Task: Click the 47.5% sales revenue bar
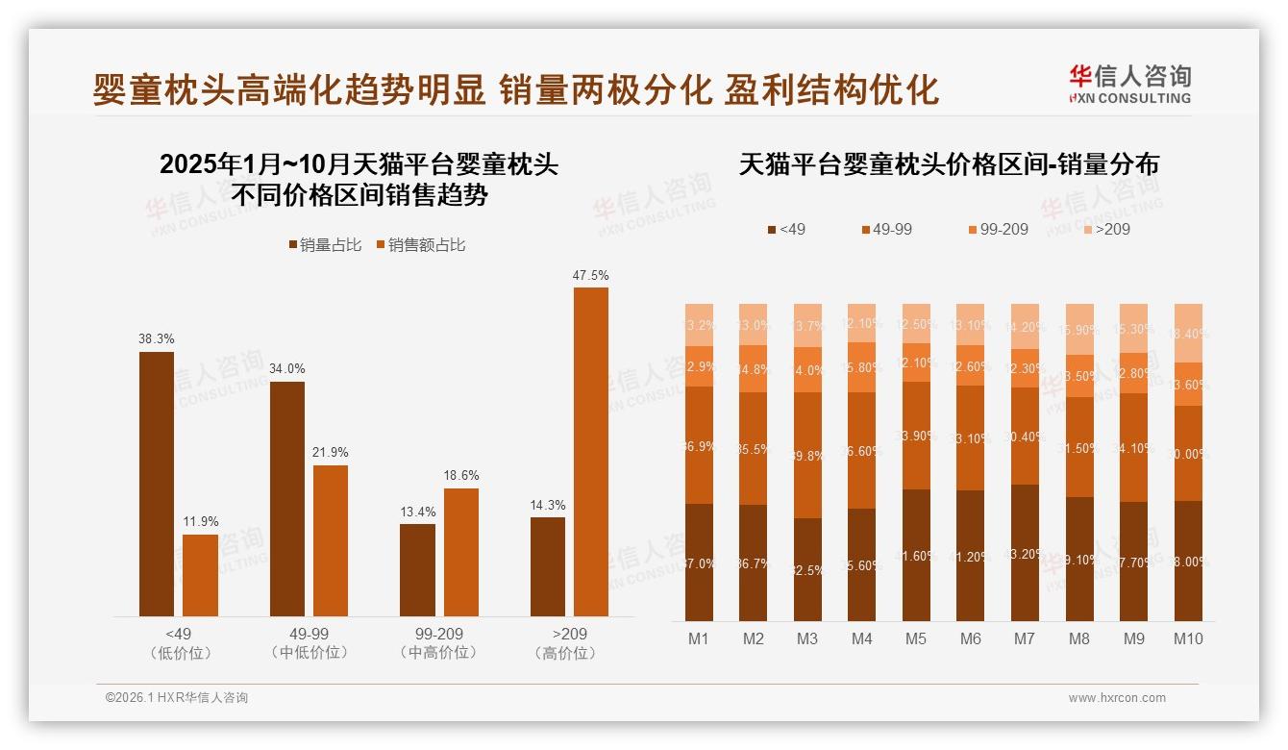pos(590,452)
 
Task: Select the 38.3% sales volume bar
pos(157,484)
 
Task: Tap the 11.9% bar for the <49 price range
pos(200,575)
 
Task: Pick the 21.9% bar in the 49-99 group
pos(331,540)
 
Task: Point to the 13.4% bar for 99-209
pos(417,570)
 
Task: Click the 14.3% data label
pos(548,505)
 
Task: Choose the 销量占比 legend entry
pos(325,245)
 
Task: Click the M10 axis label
pos(1189,638)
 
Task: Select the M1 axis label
pos(699,638)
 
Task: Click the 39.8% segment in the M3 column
pos(807,456)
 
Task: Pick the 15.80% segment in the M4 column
pos(862,367)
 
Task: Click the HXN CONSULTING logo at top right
pos(1129,84)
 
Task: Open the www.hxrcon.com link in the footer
pos(1117,698)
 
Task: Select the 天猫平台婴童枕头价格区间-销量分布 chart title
pos(949,164)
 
